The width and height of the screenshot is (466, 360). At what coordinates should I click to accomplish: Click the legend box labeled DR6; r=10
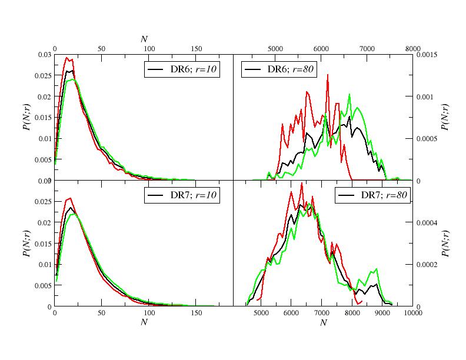[x=182, y=69]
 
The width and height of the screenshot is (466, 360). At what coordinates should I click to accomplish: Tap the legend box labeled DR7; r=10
[x=182, y=195]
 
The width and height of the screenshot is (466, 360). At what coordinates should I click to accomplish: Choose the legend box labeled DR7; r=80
[x=372, y=195]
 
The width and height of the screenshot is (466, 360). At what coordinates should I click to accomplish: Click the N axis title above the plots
[x=144, y=39]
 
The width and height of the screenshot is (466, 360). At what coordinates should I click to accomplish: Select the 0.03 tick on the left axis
[x=45, y=55]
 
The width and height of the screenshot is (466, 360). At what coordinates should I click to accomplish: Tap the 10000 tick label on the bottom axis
[x=412, y=314]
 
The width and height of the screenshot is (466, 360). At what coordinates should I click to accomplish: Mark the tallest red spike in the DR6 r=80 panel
[x=327, y=75]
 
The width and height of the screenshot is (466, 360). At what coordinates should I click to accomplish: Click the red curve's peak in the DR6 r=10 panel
[x=67, y=58]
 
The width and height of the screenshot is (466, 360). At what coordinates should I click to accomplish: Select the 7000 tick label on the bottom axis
[x=322, y=314]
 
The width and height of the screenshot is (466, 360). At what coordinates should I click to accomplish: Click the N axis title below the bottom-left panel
[x=144, y=322]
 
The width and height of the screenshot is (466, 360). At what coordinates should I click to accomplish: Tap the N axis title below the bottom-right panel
[x=323, y=322]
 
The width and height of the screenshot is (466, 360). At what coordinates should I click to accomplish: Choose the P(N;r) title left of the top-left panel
[x=27, y=118]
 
